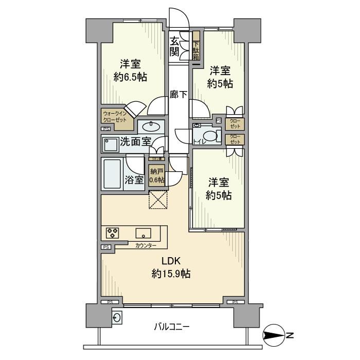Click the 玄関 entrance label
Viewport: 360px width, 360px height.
click(x=175, y=46)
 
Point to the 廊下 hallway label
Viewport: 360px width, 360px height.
click(x=178, y=95)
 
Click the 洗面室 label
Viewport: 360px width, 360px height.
click(x=135, y=143)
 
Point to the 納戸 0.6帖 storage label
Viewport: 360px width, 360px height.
click(x=157, y=176)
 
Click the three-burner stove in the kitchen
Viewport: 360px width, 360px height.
click(x=113, y=232)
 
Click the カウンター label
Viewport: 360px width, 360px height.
click(x=146, y=245)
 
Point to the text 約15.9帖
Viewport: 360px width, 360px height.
click(x=171, y=274)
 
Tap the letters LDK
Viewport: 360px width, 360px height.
click(x=171, y=261)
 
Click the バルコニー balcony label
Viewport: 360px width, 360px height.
click(x=172, y=326)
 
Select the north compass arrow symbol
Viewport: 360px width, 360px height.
click(x=273, y=337)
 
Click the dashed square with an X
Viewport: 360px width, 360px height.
click(x=157, y=200)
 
